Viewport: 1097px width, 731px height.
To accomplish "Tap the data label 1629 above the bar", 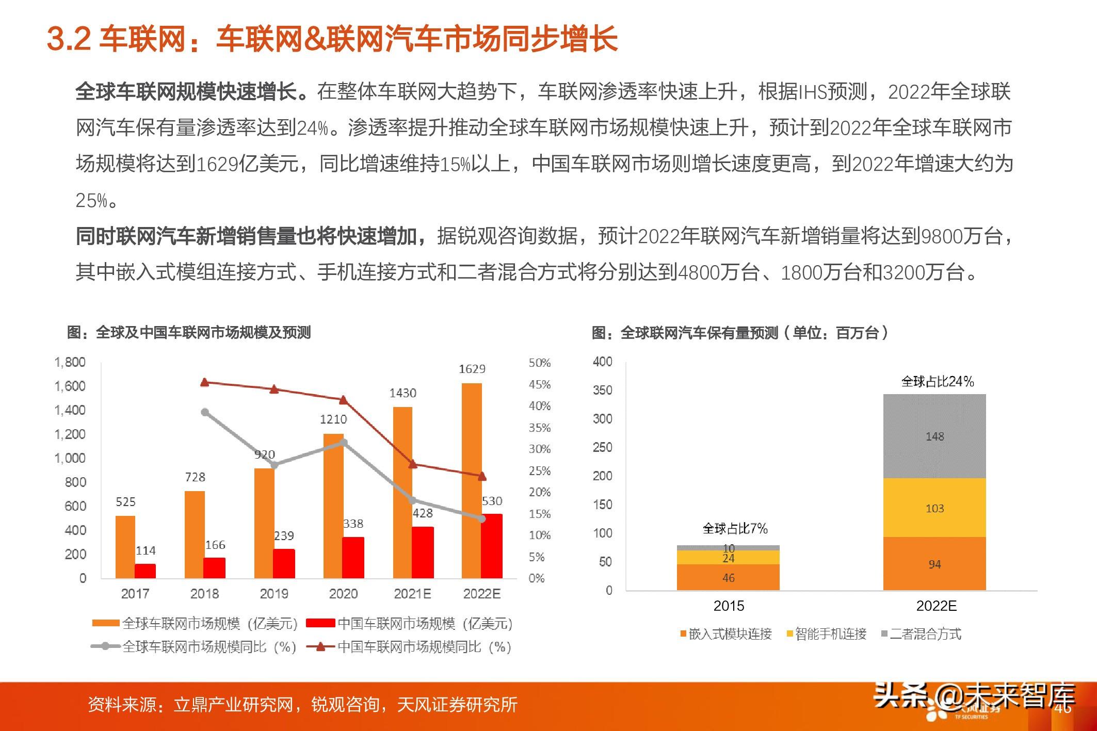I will click(472, 369).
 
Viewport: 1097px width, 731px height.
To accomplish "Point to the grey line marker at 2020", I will click(344, 443).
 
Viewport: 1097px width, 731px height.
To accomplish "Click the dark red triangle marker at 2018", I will click(204, 382).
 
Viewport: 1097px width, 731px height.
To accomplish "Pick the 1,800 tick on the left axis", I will click(70, 362).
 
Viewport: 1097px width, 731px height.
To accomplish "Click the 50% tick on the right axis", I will click(539, 363).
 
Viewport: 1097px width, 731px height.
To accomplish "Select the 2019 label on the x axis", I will click(274, 594).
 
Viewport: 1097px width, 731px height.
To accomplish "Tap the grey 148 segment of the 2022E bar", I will click(934, 436).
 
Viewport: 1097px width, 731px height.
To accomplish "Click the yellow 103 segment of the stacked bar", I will click(934, 508).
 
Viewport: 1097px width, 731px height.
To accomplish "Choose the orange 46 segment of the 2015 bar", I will click(728, 578).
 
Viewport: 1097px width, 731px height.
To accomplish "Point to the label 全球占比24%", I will click(938, 382).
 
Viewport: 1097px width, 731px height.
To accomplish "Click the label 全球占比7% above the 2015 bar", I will click(735, 528).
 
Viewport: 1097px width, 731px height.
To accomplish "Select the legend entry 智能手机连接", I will click(830, 634).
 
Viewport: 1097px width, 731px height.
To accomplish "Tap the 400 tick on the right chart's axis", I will click(603, 362).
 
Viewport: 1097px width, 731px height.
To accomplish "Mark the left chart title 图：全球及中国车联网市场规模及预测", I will click(189, 333).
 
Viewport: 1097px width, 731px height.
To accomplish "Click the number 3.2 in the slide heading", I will click(69, 39).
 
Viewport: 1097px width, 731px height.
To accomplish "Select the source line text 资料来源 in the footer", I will click(122, 705).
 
